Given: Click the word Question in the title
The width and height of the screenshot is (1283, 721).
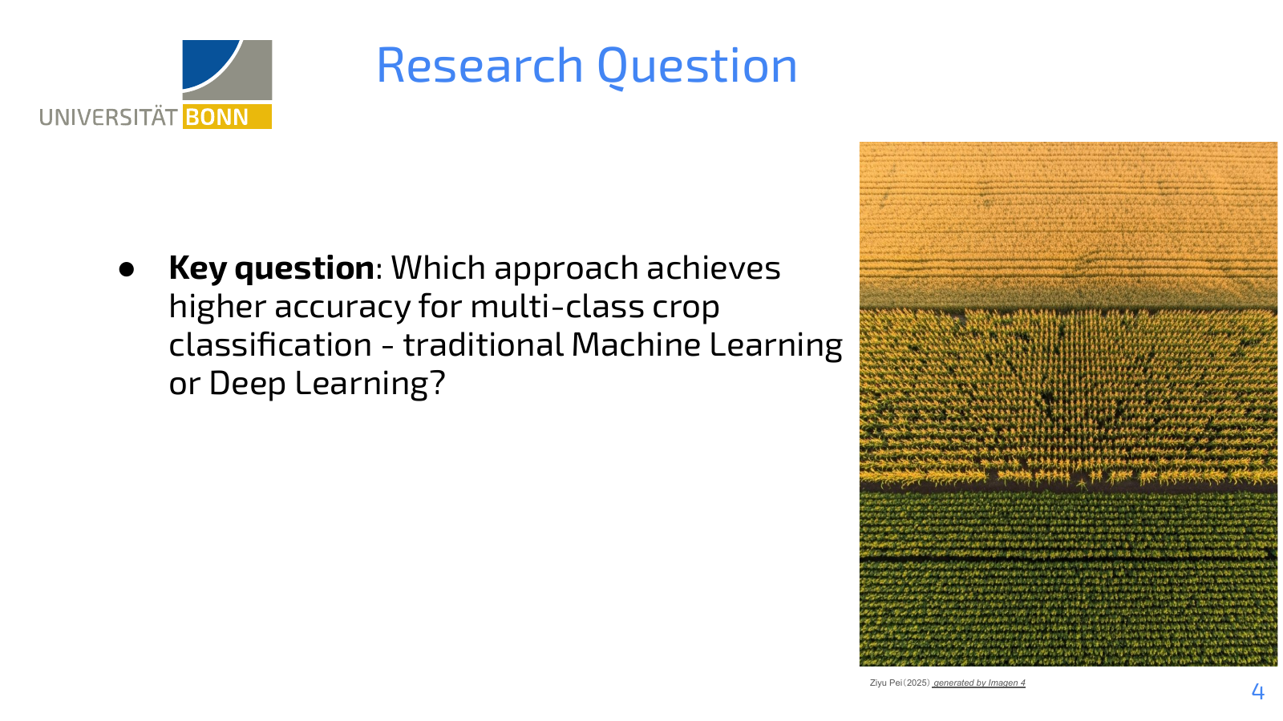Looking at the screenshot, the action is (x=697, y=67).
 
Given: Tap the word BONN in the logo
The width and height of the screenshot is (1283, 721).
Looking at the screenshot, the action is (x=217, y=117).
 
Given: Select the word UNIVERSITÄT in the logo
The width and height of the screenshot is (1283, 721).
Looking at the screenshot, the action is (x=108, y=117).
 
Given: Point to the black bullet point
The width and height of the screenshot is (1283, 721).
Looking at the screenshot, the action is (x=127, y=269).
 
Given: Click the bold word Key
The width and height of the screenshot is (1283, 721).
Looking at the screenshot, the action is (x=197, y=268).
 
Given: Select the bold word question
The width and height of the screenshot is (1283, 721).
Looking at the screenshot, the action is (x=305, y=269).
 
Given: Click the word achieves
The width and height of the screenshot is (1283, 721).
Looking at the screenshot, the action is (x=714, y=268).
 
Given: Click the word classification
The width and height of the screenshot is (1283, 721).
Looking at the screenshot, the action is (x=270, y=344).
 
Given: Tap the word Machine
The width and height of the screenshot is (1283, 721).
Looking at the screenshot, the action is (x=636, y=344).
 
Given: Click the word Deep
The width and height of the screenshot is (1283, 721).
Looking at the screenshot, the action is (x=248, y=385).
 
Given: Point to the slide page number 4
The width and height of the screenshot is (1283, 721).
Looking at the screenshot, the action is (x=1258, y=691).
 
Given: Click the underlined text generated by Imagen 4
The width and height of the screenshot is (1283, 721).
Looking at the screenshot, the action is (x=979, y=683).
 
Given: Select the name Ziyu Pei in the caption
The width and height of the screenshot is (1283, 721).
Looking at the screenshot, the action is (x=886, y=683).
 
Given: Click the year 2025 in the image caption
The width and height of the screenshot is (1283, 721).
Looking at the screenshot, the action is (x=917, y=683).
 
